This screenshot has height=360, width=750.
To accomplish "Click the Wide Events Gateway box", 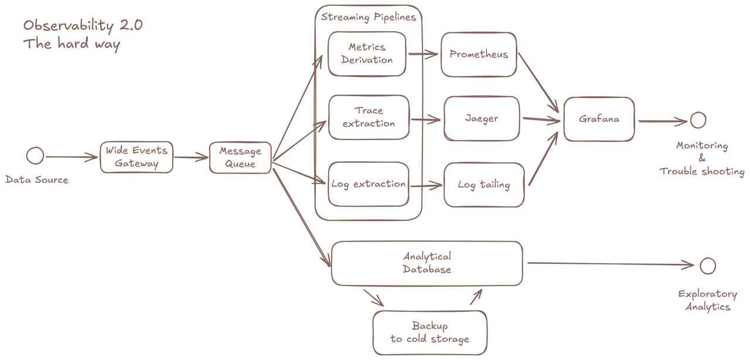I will pos(136,157).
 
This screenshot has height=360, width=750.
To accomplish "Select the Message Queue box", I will pos(240,158).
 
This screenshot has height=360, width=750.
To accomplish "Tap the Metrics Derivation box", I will pos(367,53).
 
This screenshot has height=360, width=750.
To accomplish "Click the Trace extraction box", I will pos(369,117).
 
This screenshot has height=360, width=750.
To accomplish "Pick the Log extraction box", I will pos(368,184).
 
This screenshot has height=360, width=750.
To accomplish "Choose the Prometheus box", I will pos(479,55).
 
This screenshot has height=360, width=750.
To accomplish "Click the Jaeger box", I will pos(482,119).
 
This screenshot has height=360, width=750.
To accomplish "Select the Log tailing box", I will pos(483,185).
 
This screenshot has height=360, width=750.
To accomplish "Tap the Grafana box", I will pos(599,119).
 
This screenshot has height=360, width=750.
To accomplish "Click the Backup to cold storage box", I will pos(429,332).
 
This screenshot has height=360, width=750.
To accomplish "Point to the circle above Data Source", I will pos(35,155).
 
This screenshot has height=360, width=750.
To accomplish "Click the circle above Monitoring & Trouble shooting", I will pos(698,120).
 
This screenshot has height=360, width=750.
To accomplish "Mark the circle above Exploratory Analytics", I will pos(708,266).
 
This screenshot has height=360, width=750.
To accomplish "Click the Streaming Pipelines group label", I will pos(368,17).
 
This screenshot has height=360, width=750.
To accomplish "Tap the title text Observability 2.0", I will pos(83,25).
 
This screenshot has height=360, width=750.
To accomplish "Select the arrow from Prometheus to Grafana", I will pos(538,82).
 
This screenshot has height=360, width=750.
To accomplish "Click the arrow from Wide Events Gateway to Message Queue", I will pos(191,157).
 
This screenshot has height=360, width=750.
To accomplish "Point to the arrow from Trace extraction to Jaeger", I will pos(425,120).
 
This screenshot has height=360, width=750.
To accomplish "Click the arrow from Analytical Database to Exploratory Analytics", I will pos(609,264).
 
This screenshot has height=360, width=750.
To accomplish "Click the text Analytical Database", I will pos(427,263).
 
